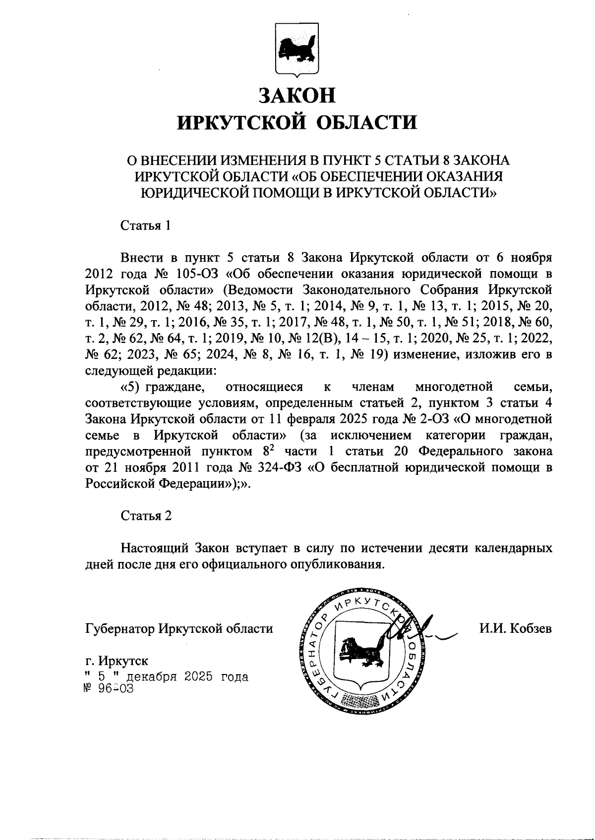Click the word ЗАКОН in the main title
pos(297,95)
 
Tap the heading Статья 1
pos(146,225)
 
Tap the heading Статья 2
pos(146,515)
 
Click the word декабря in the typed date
pos(152,676)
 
